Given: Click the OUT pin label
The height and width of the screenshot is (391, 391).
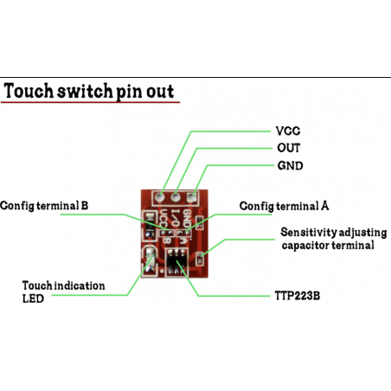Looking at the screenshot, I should tap(287, 147).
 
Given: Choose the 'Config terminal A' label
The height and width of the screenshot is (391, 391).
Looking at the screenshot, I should tap(283, 206).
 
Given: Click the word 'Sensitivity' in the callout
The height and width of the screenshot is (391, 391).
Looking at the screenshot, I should tap(311, 232).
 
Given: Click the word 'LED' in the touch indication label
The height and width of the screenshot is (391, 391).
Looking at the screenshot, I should tap(32, 298).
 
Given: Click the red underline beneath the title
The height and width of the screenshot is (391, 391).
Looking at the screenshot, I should tap(90, 103).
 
